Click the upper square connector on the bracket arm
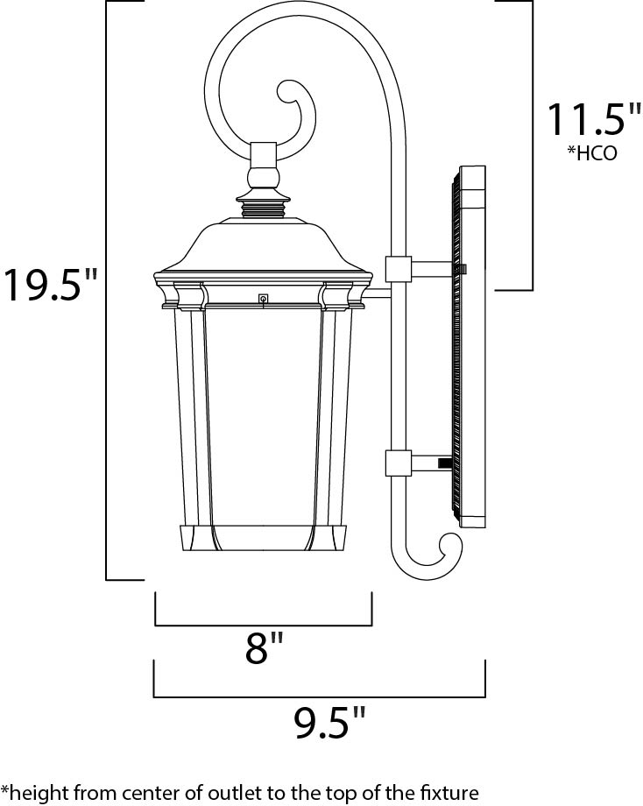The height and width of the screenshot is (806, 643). pos(398,269)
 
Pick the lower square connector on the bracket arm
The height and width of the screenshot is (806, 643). pos(398,463)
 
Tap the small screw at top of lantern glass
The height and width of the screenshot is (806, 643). pos(262,300)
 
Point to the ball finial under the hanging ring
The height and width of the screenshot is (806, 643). pos(263,179)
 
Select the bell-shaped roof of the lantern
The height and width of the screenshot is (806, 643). pos(263,245)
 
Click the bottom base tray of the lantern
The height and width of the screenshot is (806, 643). pos(263,540)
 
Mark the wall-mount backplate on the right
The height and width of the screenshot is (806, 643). pos(469,346)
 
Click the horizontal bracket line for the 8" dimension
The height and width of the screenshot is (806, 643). pos(263,625)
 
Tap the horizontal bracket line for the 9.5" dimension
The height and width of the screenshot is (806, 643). pos(320,696)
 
